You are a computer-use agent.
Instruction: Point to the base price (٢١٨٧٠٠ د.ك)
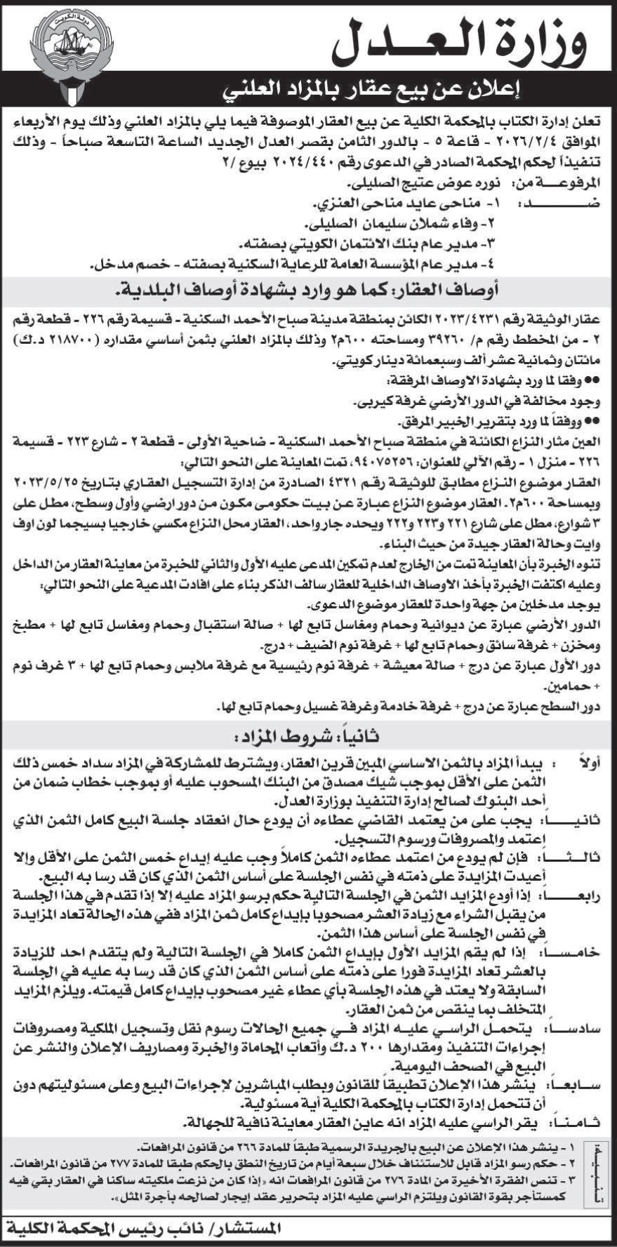tap(64, 340)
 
